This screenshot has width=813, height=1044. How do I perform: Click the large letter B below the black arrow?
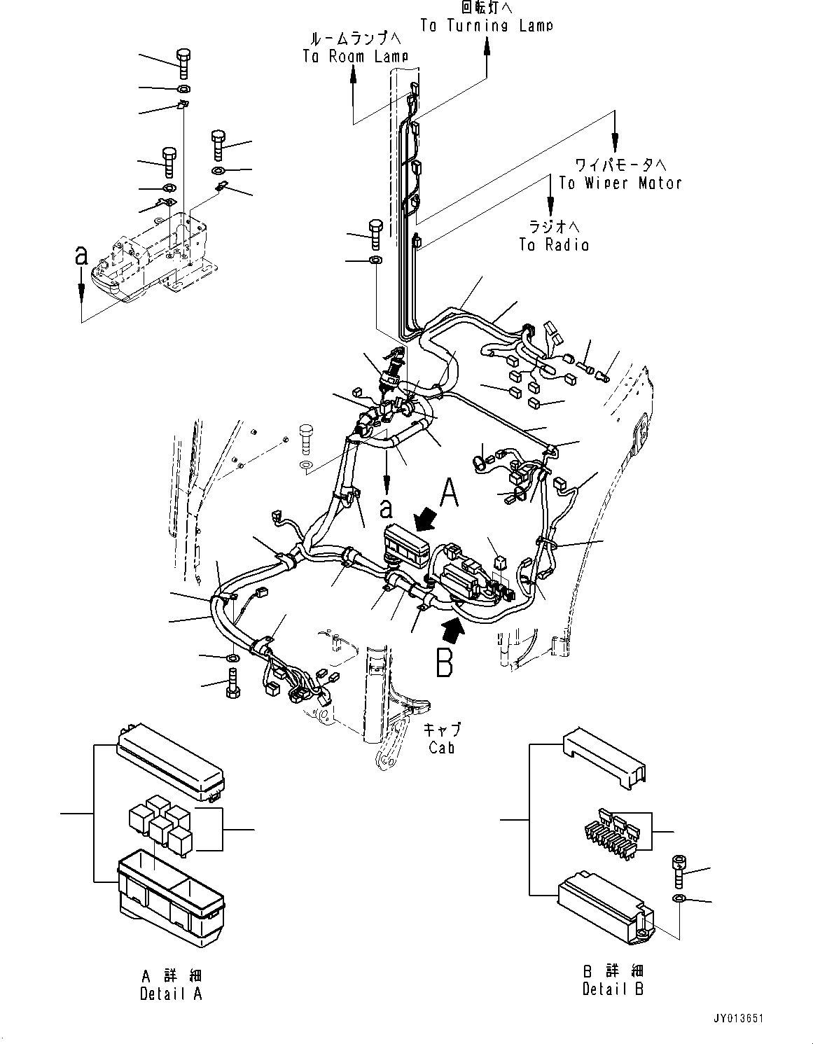pos(445,663)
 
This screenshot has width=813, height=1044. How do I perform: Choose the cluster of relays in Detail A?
pos(160,826)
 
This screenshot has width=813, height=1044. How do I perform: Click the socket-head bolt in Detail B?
pos(679,868)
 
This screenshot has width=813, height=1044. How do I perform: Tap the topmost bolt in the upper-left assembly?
pos(182,64)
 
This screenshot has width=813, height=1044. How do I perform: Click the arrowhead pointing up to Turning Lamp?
pos(487,46)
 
